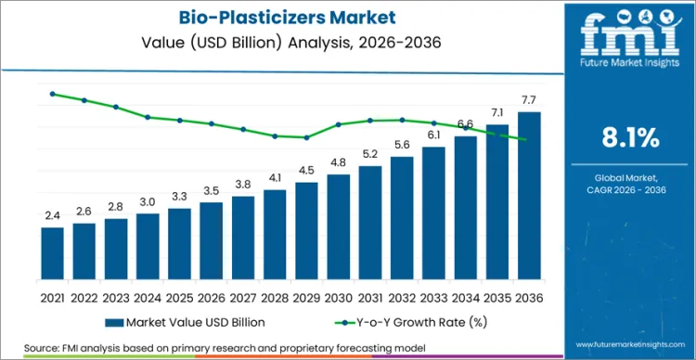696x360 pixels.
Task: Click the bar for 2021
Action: pyautogui.click(x=52, y=253)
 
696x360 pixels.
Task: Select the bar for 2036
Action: pyautogui.click(x=529, y=195)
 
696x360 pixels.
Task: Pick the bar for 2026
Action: pyautogui.click(x=212, y=240)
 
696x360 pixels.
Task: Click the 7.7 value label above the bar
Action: pyautogui.click(x=529, y=99)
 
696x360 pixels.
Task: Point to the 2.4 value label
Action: pyautogui.click(x=52, y=215)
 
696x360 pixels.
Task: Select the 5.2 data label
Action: pyautogui.click(x=370, y=154)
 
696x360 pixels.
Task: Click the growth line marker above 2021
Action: pyautogui.click(x=52, y=94)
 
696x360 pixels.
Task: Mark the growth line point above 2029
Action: pyautogui.click(x=306, y=137)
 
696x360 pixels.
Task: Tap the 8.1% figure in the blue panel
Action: pyautogui.click(x=630, y=139)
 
